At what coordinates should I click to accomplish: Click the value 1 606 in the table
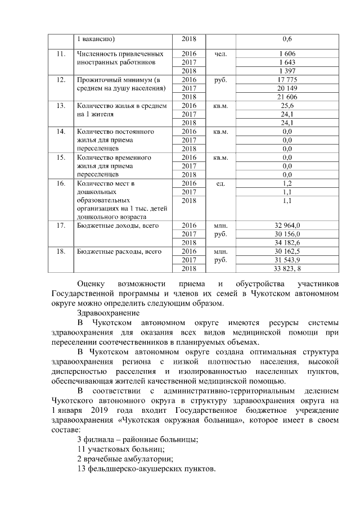pyautogui.click(x=287, y=53)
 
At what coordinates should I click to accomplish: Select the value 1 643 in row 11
pyautogui.click(x=287, y=62)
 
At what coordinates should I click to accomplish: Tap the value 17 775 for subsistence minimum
pyautogui.click(x=287, y=80)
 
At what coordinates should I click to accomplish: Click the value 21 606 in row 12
pyautogui.click(x=287, y=97)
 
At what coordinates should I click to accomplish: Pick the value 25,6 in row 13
pyautogui.click(x=287, y=106)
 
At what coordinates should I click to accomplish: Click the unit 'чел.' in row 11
pyautogui.click(x=220, y=53)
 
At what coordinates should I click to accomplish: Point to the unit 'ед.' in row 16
pyautogui.click(x=220, y=183)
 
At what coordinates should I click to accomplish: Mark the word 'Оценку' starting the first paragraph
pyautogui.click(x=92, y=283)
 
